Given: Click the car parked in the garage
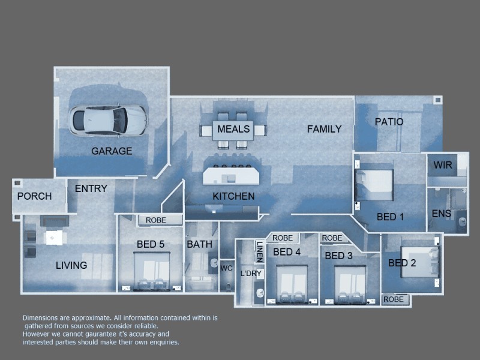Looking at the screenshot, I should pos(108,120).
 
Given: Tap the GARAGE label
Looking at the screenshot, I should pos(112,151).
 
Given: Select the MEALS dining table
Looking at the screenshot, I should pos(233,130).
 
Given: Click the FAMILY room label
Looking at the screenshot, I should pos(324,129).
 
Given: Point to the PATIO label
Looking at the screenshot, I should pos(389,122).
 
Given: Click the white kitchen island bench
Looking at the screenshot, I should pos(232,176).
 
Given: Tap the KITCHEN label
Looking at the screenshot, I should pos(233,196).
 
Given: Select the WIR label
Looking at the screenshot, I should pos(443,165).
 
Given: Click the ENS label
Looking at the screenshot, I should pos(442,214).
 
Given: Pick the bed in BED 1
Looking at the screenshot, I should pos(375,185).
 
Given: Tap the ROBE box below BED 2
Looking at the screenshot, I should pos(394,299).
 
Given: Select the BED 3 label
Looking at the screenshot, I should pos(338,256).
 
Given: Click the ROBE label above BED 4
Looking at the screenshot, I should pos(283,238).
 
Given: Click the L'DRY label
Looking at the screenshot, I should pos(251,273).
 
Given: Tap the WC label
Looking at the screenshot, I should pos(226,268).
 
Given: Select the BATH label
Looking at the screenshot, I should pos(199,244).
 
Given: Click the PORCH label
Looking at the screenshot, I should pos(34,196).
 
